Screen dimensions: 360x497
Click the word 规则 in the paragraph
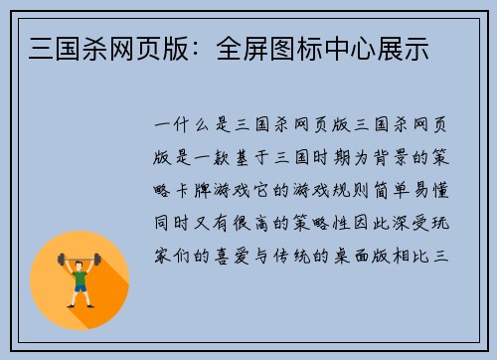point(364,189)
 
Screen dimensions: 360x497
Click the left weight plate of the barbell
point(59,261)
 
